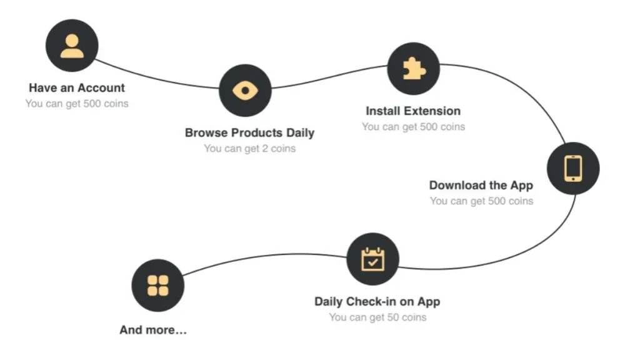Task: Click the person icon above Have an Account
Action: (72, 46)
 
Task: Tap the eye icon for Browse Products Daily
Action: (245, 90)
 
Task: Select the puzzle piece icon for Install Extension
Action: (414, 69)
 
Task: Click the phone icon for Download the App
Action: (573, 168)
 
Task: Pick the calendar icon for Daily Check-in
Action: (372, 259)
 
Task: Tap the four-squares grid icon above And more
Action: (158, 285)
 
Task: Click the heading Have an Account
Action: (77, 87)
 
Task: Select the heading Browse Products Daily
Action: (250, 132)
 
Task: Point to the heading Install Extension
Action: (413, 111)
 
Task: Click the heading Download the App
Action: (481, 185)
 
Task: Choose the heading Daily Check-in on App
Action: (377, 302)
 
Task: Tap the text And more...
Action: (153, 330)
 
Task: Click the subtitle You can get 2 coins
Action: (250, 149)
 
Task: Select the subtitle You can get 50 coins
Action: (377, 317)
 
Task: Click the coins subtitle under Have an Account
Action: (77, 104)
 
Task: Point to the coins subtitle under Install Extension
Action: (413, 127)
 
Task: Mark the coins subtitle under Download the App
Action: (481, 201)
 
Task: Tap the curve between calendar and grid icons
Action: (265, 255)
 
